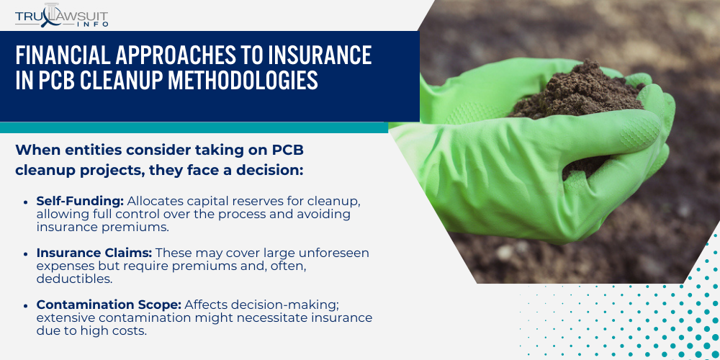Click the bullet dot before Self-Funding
pos(27,202)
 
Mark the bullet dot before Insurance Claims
pos(27,253)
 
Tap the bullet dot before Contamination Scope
pos(27,305)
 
